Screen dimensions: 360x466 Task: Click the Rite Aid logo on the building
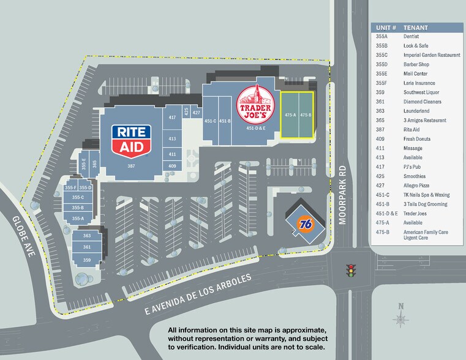point(132,139)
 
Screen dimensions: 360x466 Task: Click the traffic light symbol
point(351,270)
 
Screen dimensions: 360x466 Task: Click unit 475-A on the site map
point(290,115)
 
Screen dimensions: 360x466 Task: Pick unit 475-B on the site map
point(306,115)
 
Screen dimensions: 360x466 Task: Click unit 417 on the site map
point(172,117)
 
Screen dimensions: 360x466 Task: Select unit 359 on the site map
point(87,260)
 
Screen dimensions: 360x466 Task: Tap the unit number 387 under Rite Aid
point(130,166)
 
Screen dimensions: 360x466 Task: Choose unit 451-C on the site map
point(210,121)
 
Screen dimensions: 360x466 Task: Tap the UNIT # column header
point(386,28)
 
